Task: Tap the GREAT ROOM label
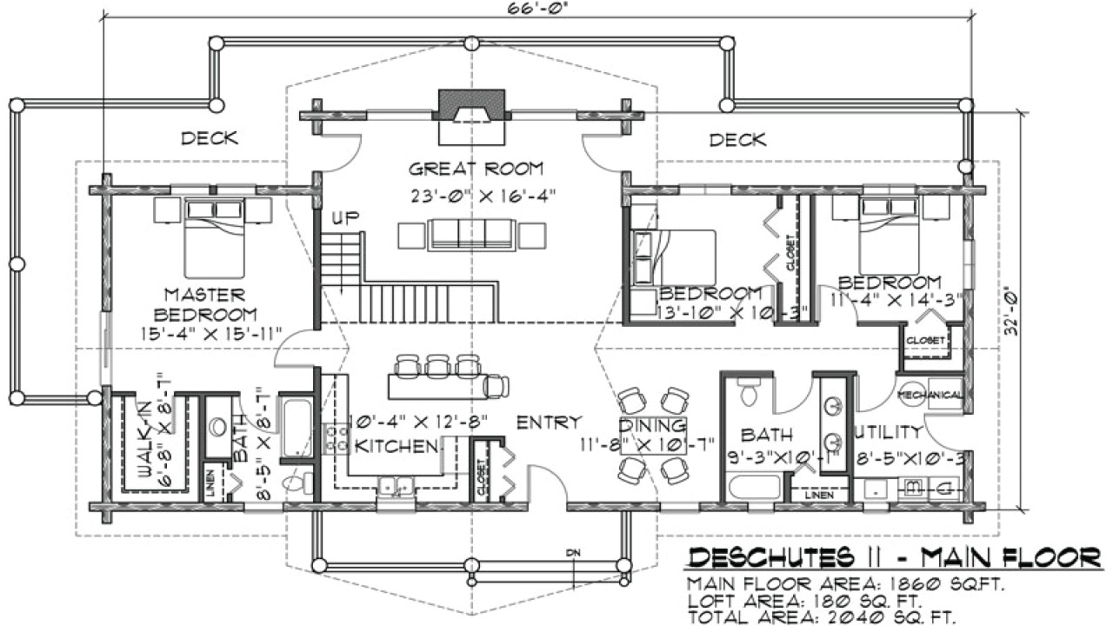click(x=476, y=169)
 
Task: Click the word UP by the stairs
click(x=345, y=216)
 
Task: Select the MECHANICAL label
click(x=930, y=396)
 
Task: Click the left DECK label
click(x=209, y=138)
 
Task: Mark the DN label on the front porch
click(x=572, y=552)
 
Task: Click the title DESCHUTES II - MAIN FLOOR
click(x=894, y=556)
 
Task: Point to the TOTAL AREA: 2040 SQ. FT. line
click(x=822, y=616)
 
